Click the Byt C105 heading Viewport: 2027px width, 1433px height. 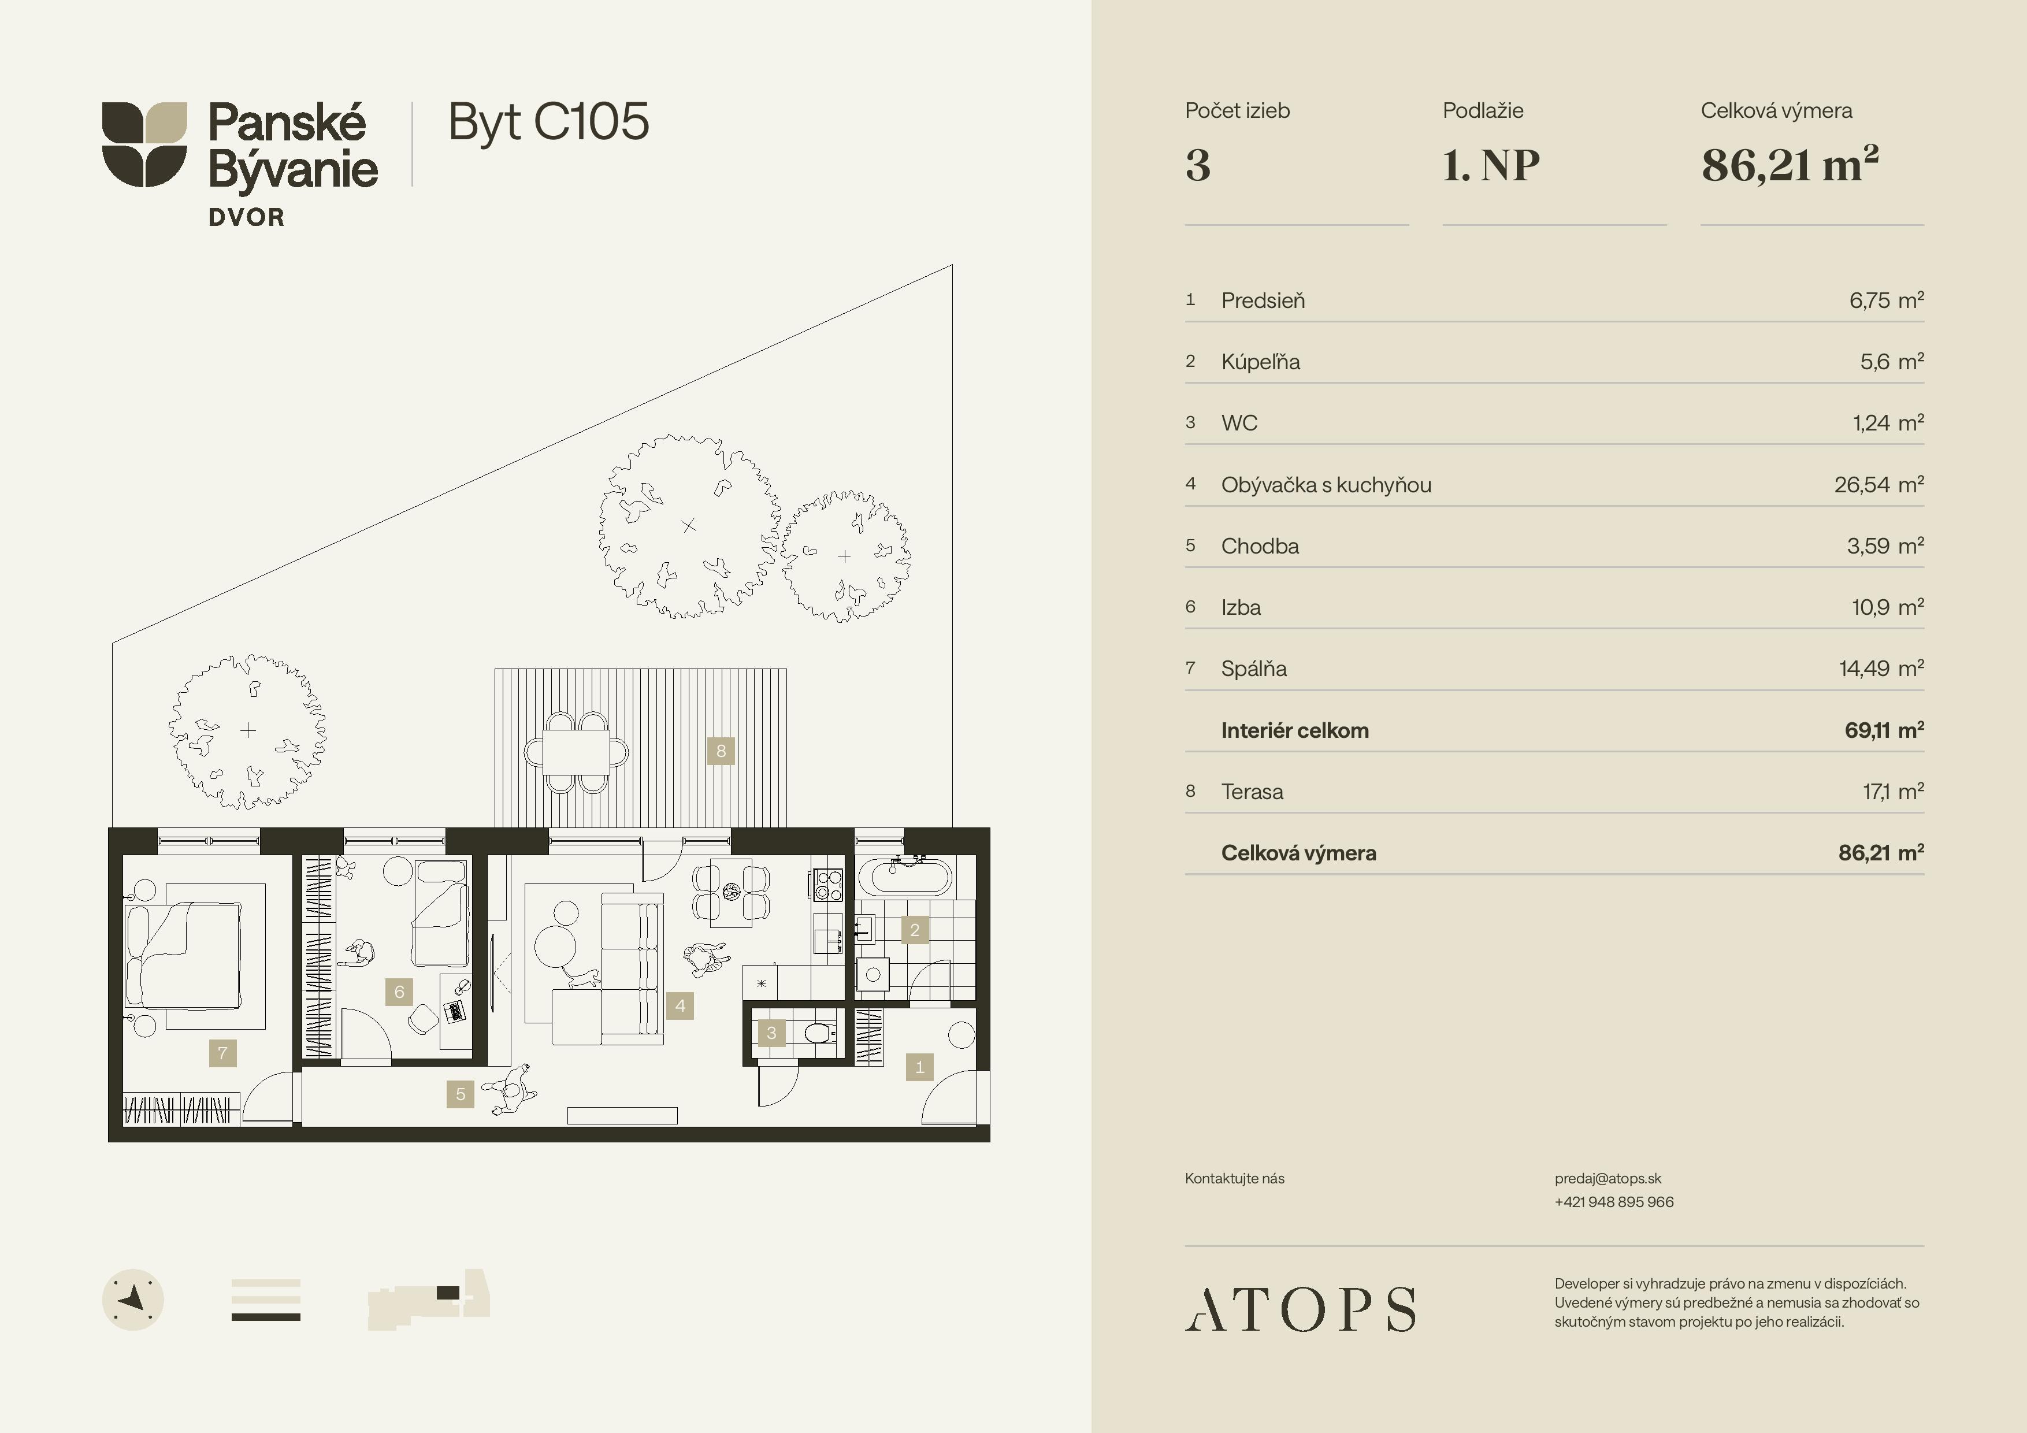point(548,122)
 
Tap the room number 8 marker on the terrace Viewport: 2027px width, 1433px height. point(721,751)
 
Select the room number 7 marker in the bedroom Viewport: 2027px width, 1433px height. point(222,1052)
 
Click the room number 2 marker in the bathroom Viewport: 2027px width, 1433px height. point(915,930)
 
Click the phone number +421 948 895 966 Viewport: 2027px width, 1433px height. point(1614,1202)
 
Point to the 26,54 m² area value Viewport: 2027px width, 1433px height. point(1878,485)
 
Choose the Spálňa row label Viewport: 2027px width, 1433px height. point(1254,669)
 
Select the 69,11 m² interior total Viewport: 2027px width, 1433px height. point(1884,730)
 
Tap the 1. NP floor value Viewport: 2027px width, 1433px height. point(1491,165)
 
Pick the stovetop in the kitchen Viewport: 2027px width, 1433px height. point(828,885)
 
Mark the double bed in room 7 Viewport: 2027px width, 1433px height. point(184,955)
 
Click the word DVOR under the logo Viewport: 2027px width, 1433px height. point(246,217)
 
